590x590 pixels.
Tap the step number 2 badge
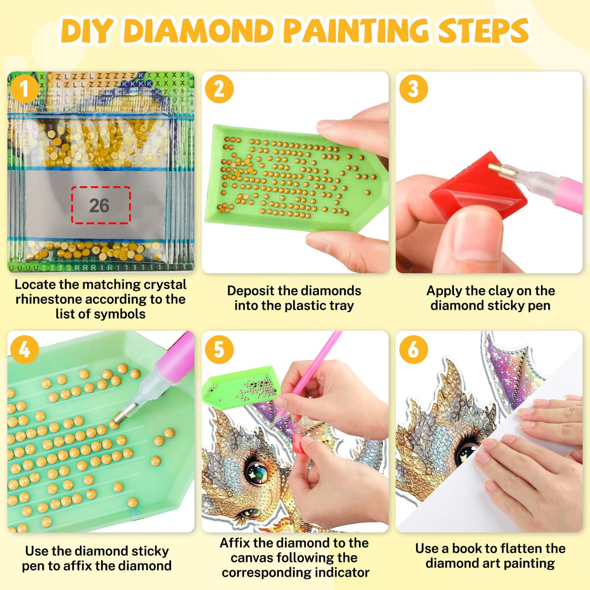tap(219, 89)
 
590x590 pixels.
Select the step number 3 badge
tap(413, 89)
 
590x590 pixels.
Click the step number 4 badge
tap(24, 349)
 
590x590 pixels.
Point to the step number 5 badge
tap(219, 349)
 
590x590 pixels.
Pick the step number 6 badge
tap(413, 349)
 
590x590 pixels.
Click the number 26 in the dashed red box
tap(99, 206)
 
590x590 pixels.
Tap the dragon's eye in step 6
tap(467, 452)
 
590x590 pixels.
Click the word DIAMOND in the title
tap(199, 31)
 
